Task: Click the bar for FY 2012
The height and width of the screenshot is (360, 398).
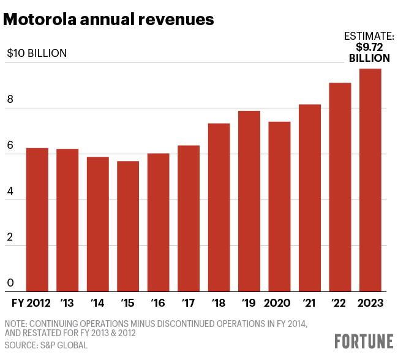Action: click(x=37, y=220)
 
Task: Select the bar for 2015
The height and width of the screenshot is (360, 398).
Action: click(x=128, y=226)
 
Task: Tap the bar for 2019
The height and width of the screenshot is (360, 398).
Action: click(x=249, y=201)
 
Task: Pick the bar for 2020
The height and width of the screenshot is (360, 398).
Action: click(x=279, y=207)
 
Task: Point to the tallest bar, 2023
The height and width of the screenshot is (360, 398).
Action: click(x=370, y=180)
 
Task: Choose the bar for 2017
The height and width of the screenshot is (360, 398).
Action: click(x=189, y=219)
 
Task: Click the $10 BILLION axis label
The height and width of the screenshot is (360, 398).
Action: click(x=37, y=53)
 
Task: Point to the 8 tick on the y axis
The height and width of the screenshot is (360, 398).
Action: click(x=10, y=99)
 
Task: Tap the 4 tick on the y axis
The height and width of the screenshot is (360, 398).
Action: click(x=10, y=191)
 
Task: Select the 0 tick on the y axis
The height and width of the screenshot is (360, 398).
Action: click(x=10, y=283)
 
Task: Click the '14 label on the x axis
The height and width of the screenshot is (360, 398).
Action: click(x=97, y=302)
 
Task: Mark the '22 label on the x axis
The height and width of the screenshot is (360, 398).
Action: click(x=339, y=302)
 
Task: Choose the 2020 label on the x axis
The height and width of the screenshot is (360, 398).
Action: click(x=277, y=303)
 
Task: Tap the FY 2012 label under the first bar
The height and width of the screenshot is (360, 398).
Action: click(x=31, y=303)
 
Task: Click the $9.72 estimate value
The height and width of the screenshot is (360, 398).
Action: click(x=369, y=47)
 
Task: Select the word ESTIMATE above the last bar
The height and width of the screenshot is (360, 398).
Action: click(x=367, y=36)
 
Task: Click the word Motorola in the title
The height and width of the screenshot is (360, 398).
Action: click(x=40, y=20)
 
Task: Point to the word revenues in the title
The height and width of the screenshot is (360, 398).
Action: click(x=176, y=20)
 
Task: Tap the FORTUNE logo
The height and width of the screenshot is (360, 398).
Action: click(x=364, y=341)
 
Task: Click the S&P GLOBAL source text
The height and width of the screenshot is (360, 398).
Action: click(x=64, y=345)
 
